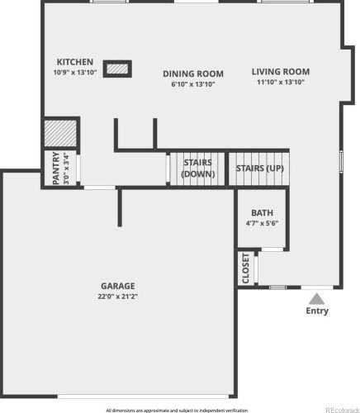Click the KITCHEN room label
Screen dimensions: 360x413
[x=75, y=62]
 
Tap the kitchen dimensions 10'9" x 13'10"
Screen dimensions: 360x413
[x=75, y=73]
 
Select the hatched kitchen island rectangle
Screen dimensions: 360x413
[x=117, y=69]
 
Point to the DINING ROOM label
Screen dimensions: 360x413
[x=193, y=74]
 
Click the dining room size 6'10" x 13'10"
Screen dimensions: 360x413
[x=193, y=84]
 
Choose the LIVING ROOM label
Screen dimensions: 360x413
[x=281, y=72]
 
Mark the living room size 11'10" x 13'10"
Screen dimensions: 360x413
[x=281, y=82]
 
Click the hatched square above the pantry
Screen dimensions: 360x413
[x=60, y=133]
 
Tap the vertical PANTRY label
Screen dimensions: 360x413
[x=56, y=169]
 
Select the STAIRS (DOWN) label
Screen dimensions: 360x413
[x=198, y=169]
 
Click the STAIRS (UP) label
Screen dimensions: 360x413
[x=260, y=169]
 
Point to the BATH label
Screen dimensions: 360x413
[x=262, y=213]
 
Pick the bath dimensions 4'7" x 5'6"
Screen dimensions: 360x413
[x=262, y=223]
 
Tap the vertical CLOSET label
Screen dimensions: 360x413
[x=245, y=268]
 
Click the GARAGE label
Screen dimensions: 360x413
[x=118, y=286]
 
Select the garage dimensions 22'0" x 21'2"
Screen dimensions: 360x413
[x=118, y=297]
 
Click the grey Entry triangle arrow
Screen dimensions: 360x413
[x=317, y=299]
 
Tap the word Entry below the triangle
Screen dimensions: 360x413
[x=317, y=311]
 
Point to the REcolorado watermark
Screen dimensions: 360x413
[x=343, y=411]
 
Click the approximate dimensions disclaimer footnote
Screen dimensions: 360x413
[x=177, y=411]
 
